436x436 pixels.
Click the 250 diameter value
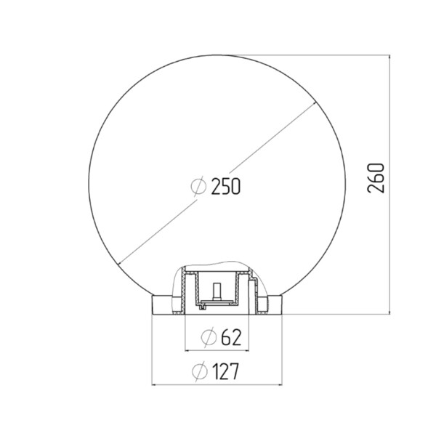click(226, 186)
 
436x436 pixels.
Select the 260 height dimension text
click(376, 178)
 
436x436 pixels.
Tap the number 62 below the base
click(231, 337)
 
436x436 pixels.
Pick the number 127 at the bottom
click(225, 371)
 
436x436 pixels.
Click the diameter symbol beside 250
click(198, 186)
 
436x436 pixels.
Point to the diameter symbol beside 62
click(209, 337)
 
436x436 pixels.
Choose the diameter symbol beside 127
click(200, 371)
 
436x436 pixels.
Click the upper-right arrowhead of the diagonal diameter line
click(315, 104)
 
